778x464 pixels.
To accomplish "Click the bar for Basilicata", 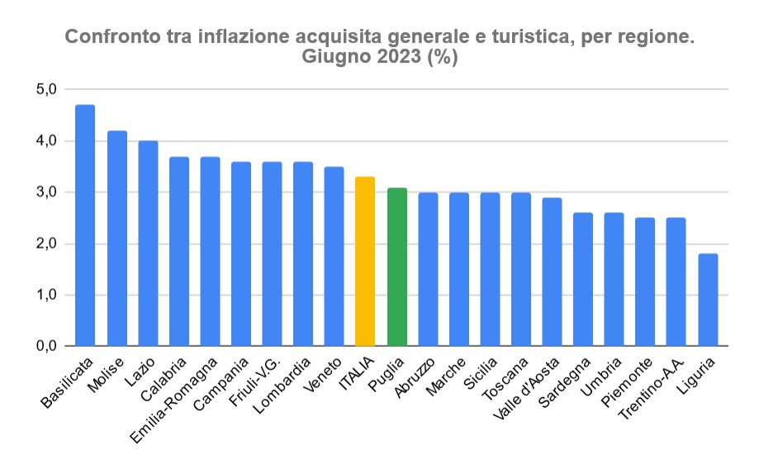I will (85, 225).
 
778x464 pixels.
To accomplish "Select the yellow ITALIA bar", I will (365, 261).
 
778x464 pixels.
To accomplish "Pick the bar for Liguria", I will (708, 300).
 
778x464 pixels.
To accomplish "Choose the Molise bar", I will (116, 238).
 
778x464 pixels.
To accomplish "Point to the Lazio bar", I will (148, 244).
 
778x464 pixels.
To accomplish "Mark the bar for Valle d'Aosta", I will (552, 272).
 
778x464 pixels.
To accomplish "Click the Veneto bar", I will (334, 256).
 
